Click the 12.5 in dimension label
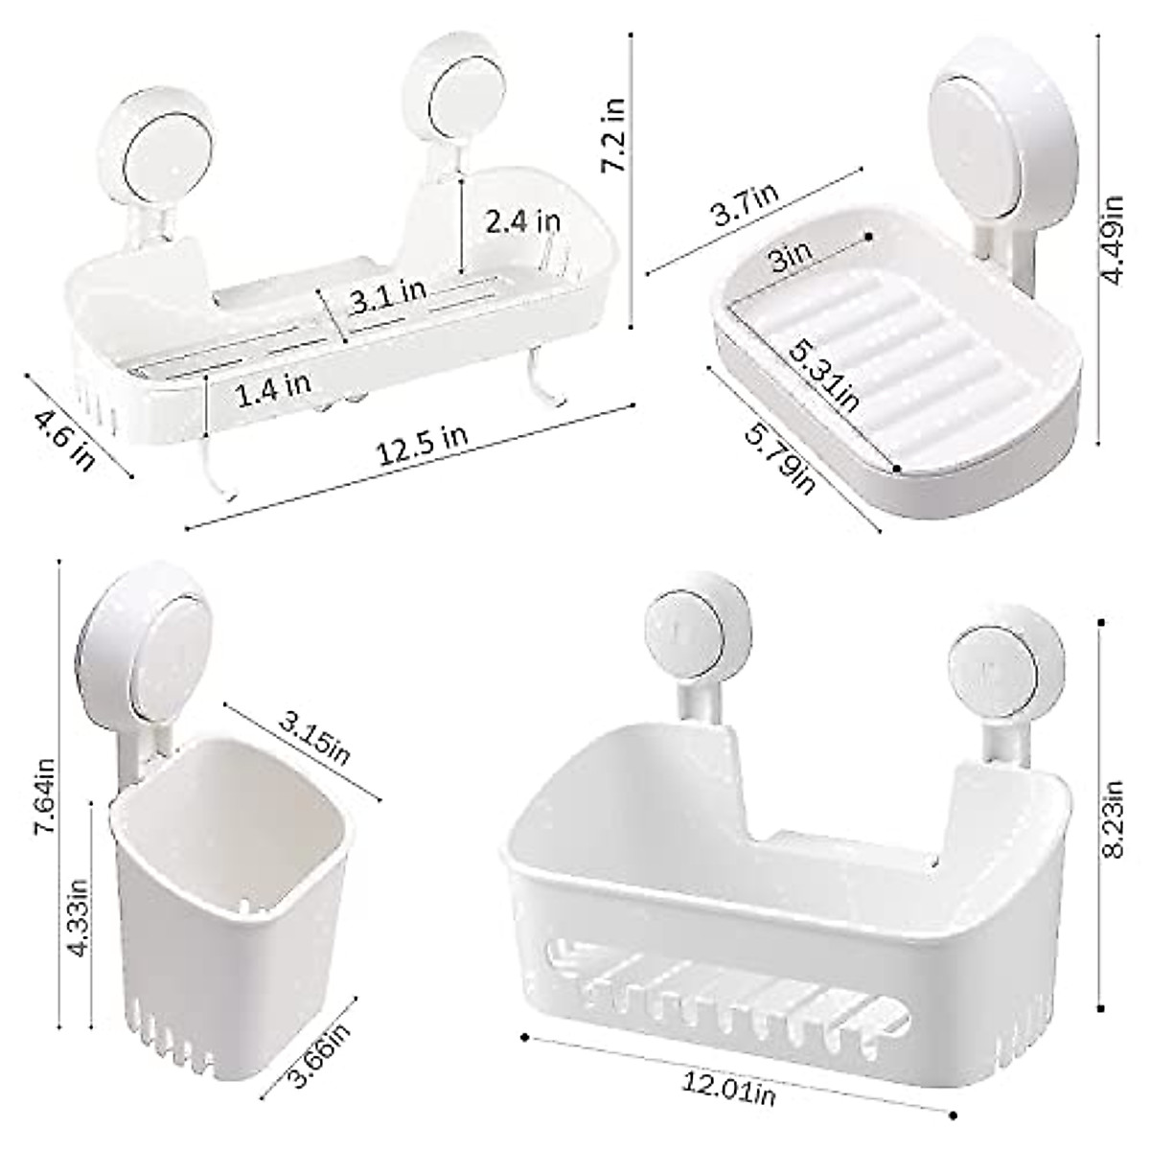coord(422,448)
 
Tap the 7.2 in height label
coord(613,134)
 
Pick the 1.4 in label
coord(272,387)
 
